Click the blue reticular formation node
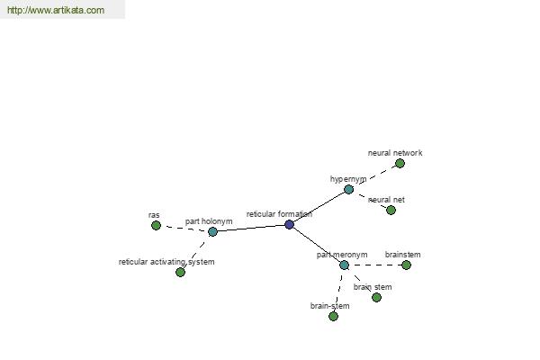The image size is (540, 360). tap(289, 225)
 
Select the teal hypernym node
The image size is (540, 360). tap(348, 189)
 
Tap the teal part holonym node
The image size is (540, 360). tap(212, 231)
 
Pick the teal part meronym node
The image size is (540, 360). tap(344, 265)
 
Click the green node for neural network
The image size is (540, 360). tap(400, 163)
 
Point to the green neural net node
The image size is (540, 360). tap(391, 210)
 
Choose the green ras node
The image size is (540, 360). tap(156, 225)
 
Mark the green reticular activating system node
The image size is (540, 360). tap(180, 272)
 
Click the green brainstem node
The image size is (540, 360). tap(406, 265)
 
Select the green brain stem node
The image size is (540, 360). tap(376, 297)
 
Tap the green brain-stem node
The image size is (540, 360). tap(333, 316)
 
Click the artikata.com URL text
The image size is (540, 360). tap(56, 10)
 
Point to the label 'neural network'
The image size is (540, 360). tap(395, 153)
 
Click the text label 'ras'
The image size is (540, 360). tap(154, 215)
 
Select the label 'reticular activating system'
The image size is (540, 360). tap(166, 262)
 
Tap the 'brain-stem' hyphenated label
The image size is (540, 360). tap(330, 306)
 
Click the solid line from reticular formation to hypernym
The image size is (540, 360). tap(319, 207)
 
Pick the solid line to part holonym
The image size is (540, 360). tap(251, 228)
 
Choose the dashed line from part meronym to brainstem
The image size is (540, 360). tap(375, 265)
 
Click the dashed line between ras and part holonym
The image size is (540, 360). tap(184, 228)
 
